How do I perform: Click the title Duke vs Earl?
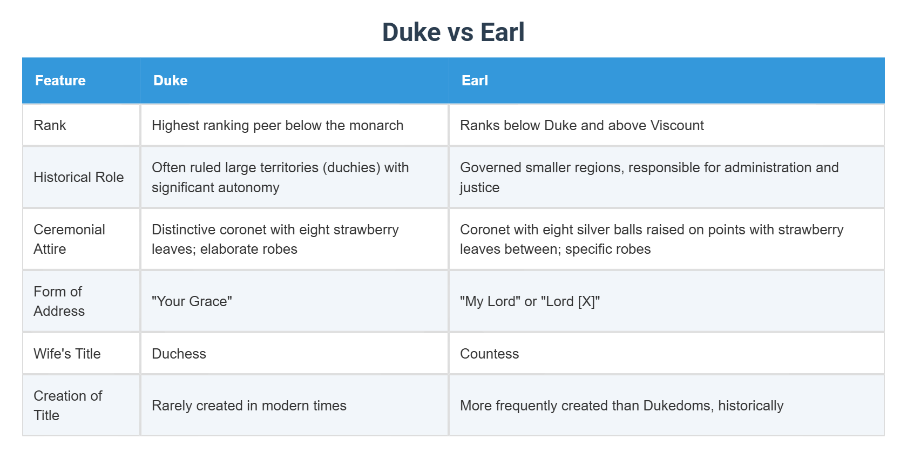pos(453,32)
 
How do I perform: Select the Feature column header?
pos(60,80)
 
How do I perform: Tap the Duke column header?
pos(171,80)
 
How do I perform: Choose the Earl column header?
pos(475,80)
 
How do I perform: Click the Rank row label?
pos(50,125)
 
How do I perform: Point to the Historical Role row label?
pos(79,177)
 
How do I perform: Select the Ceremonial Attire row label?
pos(69,239)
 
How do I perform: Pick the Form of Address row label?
pos(59,301)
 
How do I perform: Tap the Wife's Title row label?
pos(67,354)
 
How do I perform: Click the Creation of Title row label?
pos(67,406)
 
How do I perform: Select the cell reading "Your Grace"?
pos(192,301)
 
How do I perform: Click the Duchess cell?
pos(179,354)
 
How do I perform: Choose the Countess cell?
pos(489,354)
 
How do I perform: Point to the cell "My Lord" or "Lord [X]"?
pos(530,301)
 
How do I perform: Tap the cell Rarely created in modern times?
pos(249,406)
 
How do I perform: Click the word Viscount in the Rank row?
pos(677,125)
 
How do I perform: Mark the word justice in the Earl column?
pos(479,187)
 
